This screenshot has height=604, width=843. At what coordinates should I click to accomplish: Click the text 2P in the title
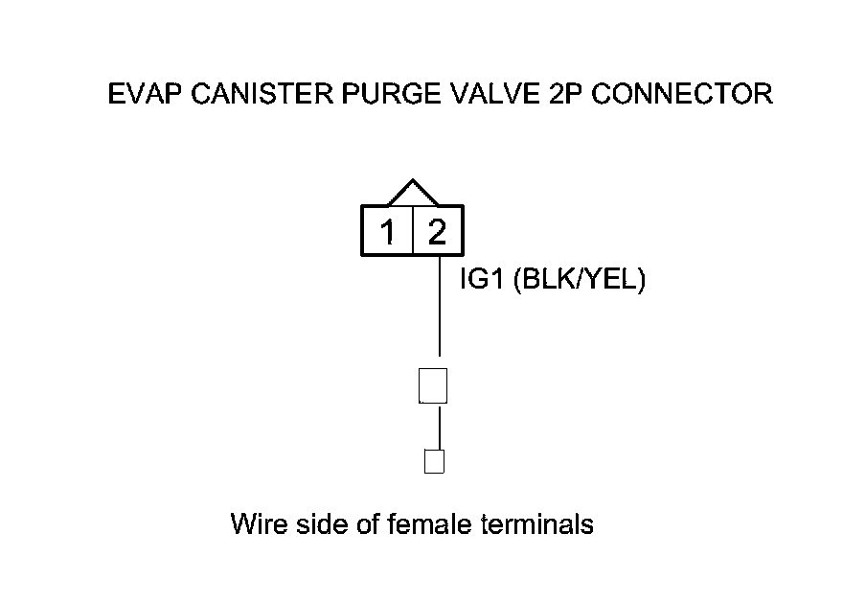(x=566, y=94)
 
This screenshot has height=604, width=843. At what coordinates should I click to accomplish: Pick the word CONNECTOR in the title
(x=683, y=94)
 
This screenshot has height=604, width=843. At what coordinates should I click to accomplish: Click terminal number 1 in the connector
(x=388, y=232)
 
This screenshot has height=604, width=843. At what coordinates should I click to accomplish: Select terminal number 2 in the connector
(x=438, y=232)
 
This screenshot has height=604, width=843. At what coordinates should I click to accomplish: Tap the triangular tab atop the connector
(x=413, y=193)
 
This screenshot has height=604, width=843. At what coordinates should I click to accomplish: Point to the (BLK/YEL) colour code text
(x=580, y=281)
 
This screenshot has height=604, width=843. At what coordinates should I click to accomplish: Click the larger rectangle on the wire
(x=434, y=385)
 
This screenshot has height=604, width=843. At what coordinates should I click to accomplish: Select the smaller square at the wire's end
(x=434, y=461)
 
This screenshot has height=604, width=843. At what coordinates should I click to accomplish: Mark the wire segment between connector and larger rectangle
(x=439, y=307)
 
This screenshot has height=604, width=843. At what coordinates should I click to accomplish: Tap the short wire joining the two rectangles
(x=439, y=427)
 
